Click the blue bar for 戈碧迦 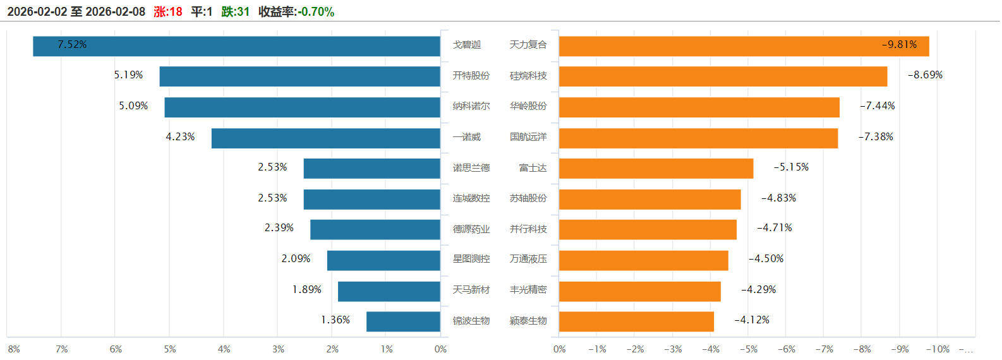(236, 46)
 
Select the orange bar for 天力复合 (744, 46)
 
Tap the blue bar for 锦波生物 (403, 321)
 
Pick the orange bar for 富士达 (656, 169)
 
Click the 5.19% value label (128, 75)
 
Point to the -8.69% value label (925, 75)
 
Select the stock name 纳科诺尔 (471, 106)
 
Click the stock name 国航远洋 (528, 137)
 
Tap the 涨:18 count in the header (168, 12)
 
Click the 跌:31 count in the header (236, 12)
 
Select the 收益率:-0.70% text (296, 12)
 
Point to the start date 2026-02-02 (37, 12)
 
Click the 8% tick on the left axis (13, 349)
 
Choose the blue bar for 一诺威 (325, 138)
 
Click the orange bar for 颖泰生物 (636, 321)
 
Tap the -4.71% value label (774, 228)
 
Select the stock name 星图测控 (471, 259)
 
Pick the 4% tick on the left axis (224, 349)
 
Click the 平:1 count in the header (202, 12)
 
